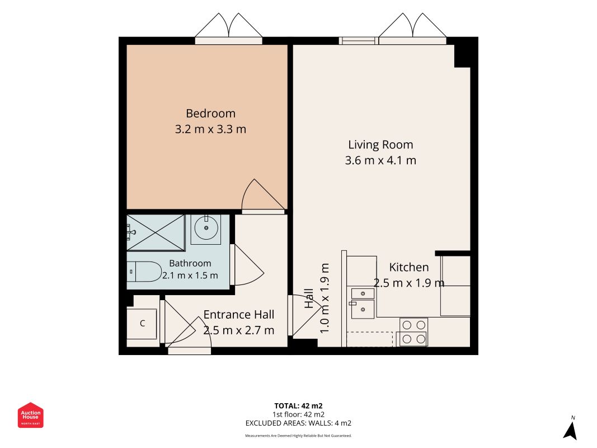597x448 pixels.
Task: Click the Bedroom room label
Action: [x=210, y=114]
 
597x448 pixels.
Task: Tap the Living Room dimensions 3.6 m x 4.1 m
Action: [x=380, y=160]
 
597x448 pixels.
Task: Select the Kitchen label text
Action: [x=409, y=268]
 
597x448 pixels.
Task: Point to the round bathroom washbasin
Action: [x=206, y=228]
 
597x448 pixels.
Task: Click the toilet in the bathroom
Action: [x=144, y=271]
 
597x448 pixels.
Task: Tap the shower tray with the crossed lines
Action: [x=156, y=232]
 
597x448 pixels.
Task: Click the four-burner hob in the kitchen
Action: [x=413, y=332]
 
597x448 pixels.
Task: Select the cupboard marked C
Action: [x=142, y=324]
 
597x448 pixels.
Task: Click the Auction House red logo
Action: [x=30, y=415]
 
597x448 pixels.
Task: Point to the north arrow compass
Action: [x=570, y=428]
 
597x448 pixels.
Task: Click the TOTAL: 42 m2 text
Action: [x=299, y=405]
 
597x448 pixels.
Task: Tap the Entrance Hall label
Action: [x=239, y=315]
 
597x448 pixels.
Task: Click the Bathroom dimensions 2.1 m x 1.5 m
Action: [x=190, y=276]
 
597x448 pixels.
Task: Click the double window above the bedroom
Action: [x=228, y=27]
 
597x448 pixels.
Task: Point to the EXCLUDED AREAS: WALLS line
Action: [x=299, y=423]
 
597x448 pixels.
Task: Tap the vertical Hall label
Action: [x=309, y=298]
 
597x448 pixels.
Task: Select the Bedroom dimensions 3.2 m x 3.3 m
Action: [x=210, y=129]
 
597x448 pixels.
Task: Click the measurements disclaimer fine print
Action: [x=299, y=436]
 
